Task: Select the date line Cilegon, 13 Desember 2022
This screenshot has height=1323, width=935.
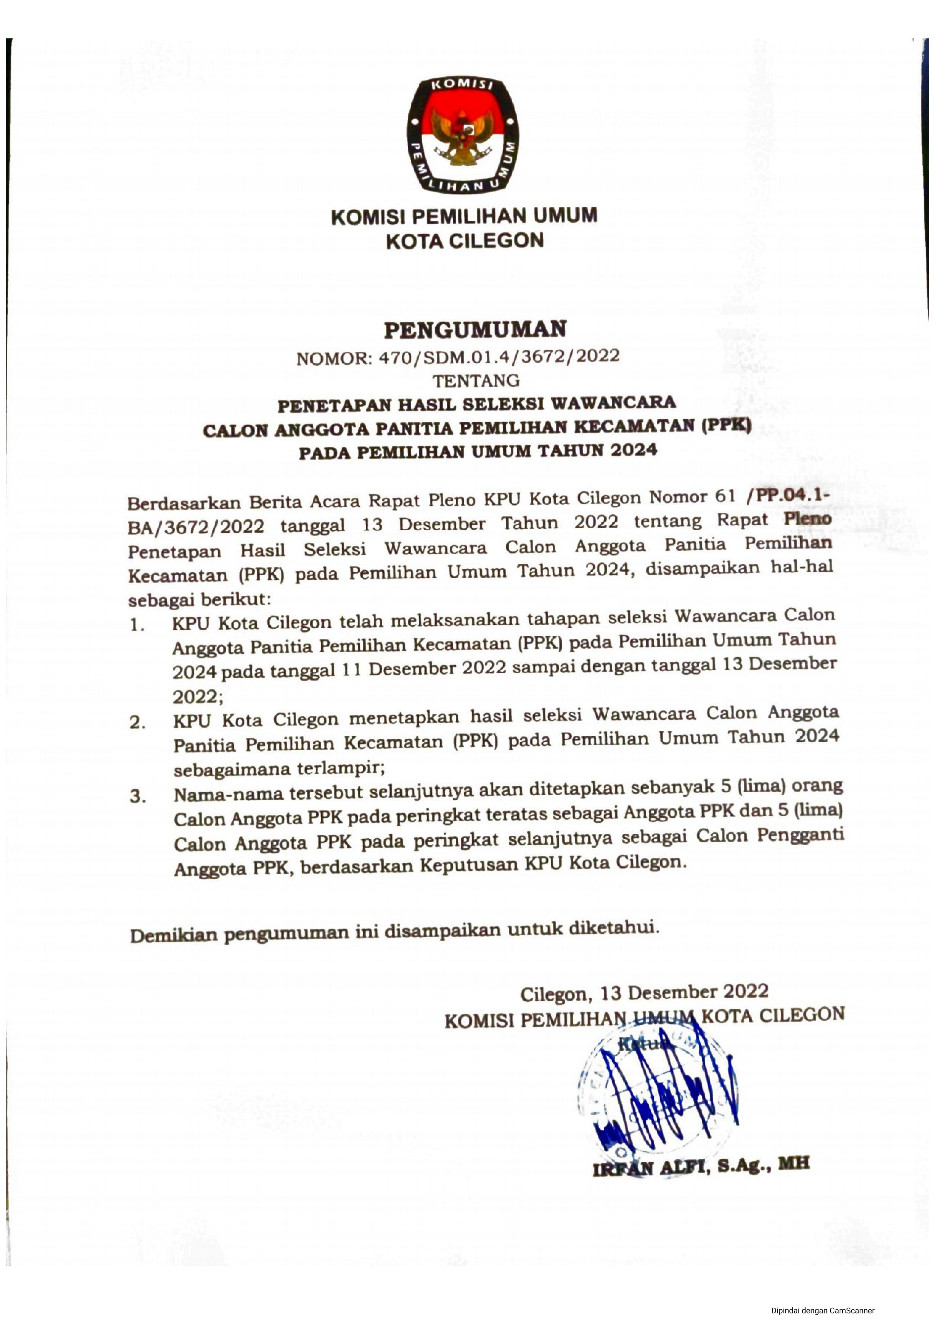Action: (x=644, y=992)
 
